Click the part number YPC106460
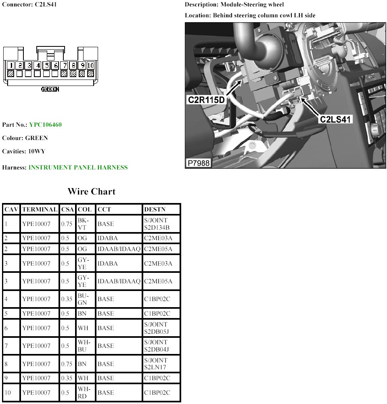coord(45,125)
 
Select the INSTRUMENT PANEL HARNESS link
coord(78,167)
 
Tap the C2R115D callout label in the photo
coord(206,100)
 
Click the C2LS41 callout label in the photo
coord(335,119)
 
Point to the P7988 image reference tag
coord(199,163)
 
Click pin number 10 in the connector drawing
coord(90,65)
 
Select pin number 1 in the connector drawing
coord(10,65)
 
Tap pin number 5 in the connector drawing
coord(46,65)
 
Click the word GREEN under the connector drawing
coord(50,89)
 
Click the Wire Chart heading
coord(92,191)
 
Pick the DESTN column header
coord(155,209)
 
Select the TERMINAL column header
coord(40,209)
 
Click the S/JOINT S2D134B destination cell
coord(157,224)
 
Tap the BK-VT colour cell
coord(83,224)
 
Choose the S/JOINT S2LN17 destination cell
coord(156,364)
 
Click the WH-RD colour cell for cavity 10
coord(84,392)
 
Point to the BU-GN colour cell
coord(83,299)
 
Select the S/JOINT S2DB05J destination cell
coord(157,328)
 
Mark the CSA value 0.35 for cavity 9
coord(67,378)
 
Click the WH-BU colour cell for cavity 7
coord(84,346)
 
